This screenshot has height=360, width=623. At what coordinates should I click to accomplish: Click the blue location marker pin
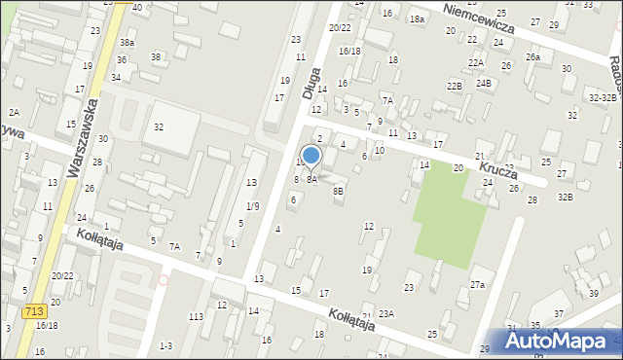click(311, 156)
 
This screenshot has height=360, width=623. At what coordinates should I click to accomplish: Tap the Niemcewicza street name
click(477, 18)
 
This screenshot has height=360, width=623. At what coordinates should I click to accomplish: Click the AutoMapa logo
click(562, 341)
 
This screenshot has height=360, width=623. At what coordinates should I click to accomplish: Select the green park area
click(450, 215)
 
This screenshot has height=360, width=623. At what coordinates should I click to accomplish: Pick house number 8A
click(312, 180)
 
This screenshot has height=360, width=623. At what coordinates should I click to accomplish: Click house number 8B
click(338, 192)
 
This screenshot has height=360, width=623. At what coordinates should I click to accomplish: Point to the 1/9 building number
click(252, 205)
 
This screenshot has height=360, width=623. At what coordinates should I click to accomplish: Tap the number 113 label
click(196, 317)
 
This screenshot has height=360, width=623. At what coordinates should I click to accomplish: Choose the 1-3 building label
click(165, 346)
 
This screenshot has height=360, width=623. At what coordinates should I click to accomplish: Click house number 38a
click(127, 43)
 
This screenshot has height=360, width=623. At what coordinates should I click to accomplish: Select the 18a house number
click(417, 19)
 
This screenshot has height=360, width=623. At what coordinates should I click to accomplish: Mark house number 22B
click(454, 87)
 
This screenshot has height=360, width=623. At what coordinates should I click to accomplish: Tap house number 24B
click(484, 84)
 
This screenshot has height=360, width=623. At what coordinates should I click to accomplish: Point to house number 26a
click(532, 57)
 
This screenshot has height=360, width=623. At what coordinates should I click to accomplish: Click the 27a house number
click(477, 285)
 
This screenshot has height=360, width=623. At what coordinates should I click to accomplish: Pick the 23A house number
click(386, 313)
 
